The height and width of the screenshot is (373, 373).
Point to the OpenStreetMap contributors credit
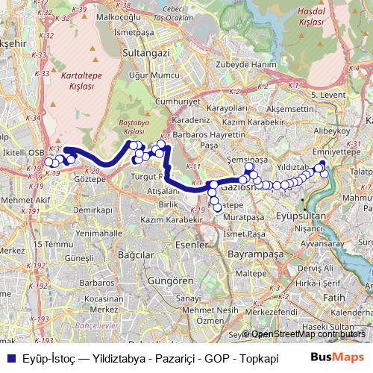point(308,334)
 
